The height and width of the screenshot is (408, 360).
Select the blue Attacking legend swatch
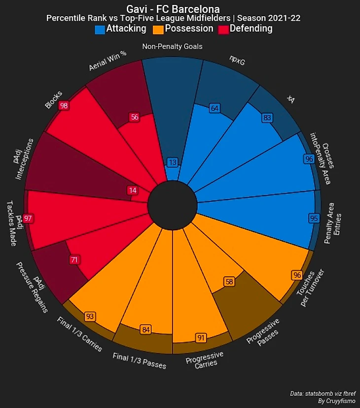tap(100, 30)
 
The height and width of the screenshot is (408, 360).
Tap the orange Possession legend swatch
tap(158, 30)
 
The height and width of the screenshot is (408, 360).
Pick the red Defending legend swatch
tap(223, 30)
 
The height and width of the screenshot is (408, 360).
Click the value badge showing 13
tap(172, 162)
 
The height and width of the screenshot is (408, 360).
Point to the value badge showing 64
tap(214, 108)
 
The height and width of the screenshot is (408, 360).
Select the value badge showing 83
tap(267, 118)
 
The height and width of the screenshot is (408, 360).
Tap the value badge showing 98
tap(64, 106)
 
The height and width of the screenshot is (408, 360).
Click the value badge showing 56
tap(135, 117)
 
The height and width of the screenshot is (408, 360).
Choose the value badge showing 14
tap(132, 190)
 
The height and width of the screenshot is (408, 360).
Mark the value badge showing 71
tap(74, 260)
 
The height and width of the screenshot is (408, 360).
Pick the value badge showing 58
tap(229, 282)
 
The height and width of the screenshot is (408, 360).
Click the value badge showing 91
tap(201, 338)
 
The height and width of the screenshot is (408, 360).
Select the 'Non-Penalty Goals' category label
tap(172, 47)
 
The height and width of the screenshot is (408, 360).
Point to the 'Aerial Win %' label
tap(108, 61)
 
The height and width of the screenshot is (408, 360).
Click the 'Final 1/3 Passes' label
tap(140, 361)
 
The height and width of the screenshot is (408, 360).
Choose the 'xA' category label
tap(292, 100)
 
